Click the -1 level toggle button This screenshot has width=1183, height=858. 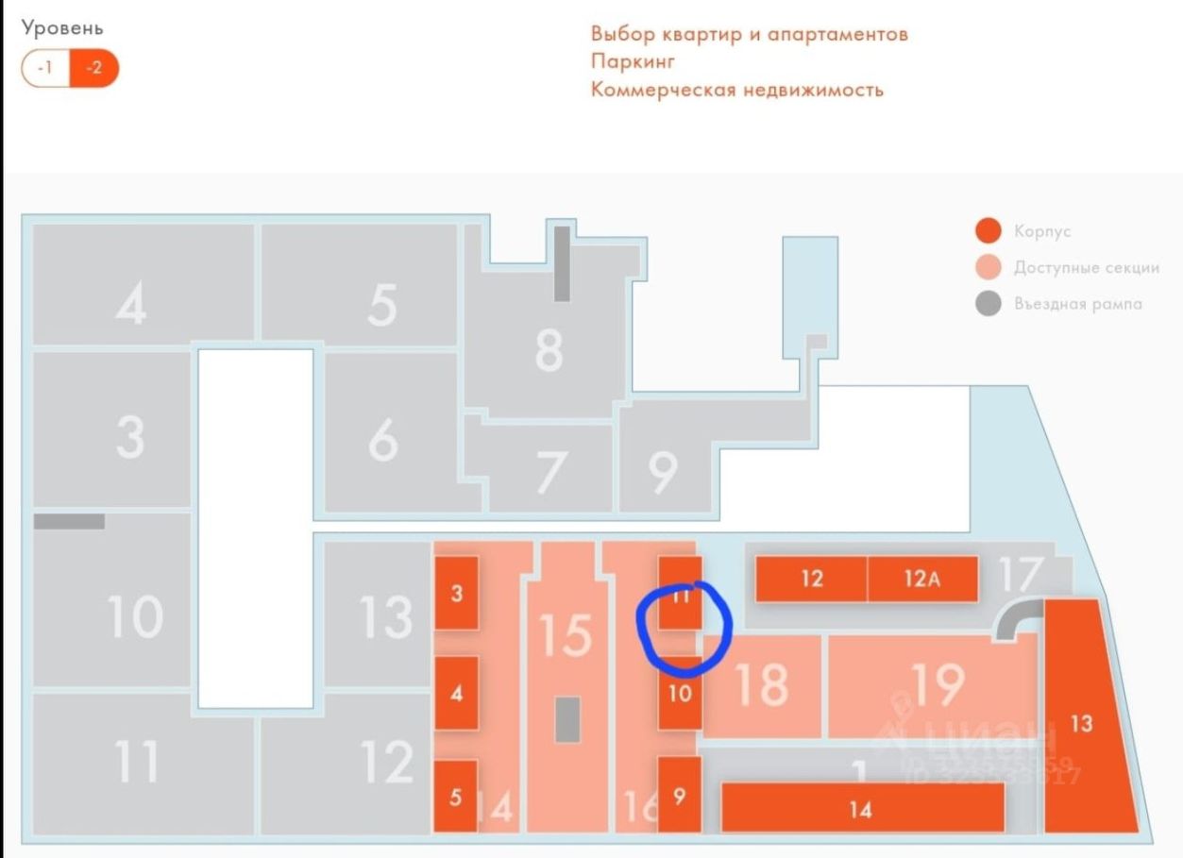(45, 68)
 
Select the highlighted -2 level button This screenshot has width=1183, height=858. (94, 68)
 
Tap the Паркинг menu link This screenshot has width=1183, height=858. (633, 61)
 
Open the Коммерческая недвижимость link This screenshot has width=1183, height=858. (736, 90)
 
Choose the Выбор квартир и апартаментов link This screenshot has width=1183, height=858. (749, 34)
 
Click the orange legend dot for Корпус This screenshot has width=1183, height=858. (988, 231)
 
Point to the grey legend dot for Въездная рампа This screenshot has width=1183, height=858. (988, 304)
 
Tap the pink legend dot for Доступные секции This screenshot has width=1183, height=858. (988, 267)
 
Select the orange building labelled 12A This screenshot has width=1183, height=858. (921, 579)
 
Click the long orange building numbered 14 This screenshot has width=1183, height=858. (861, 808)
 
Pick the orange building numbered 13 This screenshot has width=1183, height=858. (1086, 722)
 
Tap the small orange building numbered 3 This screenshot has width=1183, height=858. (456, 594)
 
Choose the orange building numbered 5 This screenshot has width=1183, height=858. (456, 797)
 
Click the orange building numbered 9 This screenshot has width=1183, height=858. (679, 795)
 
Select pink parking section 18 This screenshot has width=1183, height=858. (761, 685)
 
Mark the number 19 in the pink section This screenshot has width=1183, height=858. (938, 683)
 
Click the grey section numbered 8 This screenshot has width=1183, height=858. (548, 349)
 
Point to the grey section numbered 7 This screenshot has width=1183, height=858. (550, 471)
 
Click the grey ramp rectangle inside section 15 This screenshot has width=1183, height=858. (566, 719)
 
